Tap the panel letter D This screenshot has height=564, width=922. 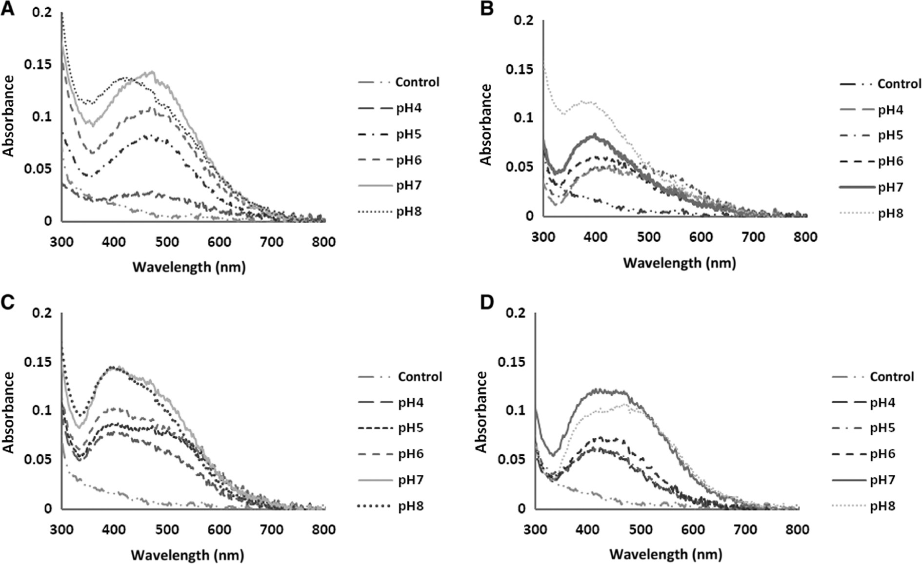[487, 302]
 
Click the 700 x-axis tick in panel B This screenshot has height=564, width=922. [753, 237]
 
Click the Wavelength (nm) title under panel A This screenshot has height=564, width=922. [189, 267]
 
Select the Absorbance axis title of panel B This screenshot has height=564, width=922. [485, 125]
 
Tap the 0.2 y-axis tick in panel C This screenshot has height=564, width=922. [42, 312]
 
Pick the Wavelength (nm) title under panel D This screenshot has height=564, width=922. [665, 554]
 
